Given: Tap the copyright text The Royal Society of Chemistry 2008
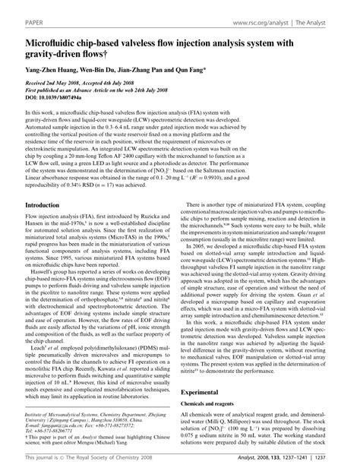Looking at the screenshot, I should (x=86, y=460).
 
